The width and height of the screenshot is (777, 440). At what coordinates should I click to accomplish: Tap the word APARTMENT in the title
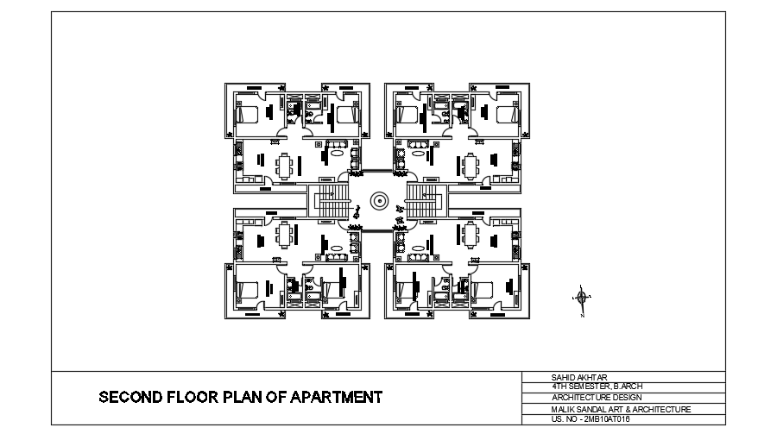(336, 397)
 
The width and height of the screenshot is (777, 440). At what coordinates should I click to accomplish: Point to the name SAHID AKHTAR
(579, 377)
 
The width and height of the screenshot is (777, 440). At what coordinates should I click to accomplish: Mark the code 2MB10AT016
(608, 419)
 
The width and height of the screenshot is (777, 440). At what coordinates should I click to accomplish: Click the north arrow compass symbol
(582, 297)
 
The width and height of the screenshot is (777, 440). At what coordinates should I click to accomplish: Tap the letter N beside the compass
(583, 315)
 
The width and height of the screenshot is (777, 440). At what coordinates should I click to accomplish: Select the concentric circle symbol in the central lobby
(379, 201)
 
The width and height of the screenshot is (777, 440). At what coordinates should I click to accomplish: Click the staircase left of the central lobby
(329, 201)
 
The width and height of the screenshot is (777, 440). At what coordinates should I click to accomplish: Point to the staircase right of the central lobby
(424, 201)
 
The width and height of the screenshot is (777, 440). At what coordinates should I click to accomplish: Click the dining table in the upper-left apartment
(284, 167)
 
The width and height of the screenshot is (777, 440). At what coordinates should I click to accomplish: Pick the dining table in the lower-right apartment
(471, 235)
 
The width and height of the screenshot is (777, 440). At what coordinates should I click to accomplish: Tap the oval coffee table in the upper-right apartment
(418, 153)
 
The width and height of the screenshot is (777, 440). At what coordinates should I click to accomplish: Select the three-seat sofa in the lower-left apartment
(337, 257)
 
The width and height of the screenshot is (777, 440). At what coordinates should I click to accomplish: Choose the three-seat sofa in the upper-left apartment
(337, 145)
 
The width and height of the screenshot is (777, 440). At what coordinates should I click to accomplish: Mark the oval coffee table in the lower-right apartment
(418, 248)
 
